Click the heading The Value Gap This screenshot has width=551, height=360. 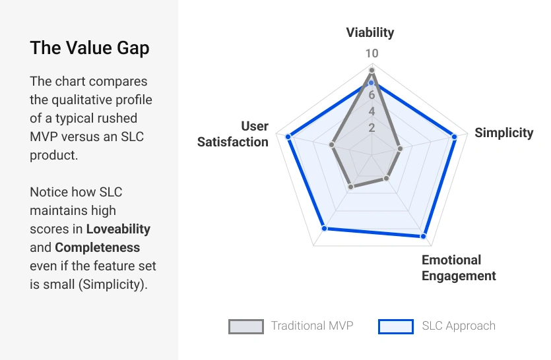coord(90,48)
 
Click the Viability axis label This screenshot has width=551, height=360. coord(370,32)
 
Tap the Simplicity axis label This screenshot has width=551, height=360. coord(503,133)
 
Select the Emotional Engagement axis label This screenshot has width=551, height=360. coord(459,268)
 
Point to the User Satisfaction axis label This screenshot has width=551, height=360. coord(233,134)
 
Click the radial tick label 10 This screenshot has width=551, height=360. coord(372,53)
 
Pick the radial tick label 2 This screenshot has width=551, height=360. coord(372,127)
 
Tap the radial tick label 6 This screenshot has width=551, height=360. coord(372,94)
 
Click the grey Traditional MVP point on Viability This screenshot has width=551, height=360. coord(372,70)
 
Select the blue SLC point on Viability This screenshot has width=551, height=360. coord(372,83)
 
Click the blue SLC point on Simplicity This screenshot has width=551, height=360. coord(454,136)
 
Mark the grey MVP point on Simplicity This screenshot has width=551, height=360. coord(400,149)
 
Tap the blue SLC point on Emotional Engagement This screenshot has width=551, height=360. coord(423,235)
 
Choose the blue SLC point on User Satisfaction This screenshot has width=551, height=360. coord(288,136)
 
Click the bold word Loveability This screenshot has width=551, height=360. coord(118,229)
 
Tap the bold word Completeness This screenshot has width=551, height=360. coord(98,248)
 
